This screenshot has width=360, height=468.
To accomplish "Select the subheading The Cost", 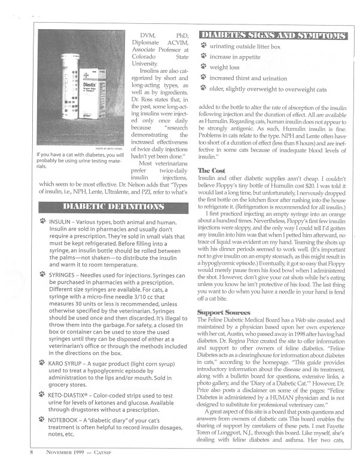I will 209,171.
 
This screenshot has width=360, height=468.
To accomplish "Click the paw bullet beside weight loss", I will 204,67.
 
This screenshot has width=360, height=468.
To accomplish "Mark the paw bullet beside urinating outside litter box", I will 204,45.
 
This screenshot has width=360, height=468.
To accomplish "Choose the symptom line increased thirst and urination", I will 256,78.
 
